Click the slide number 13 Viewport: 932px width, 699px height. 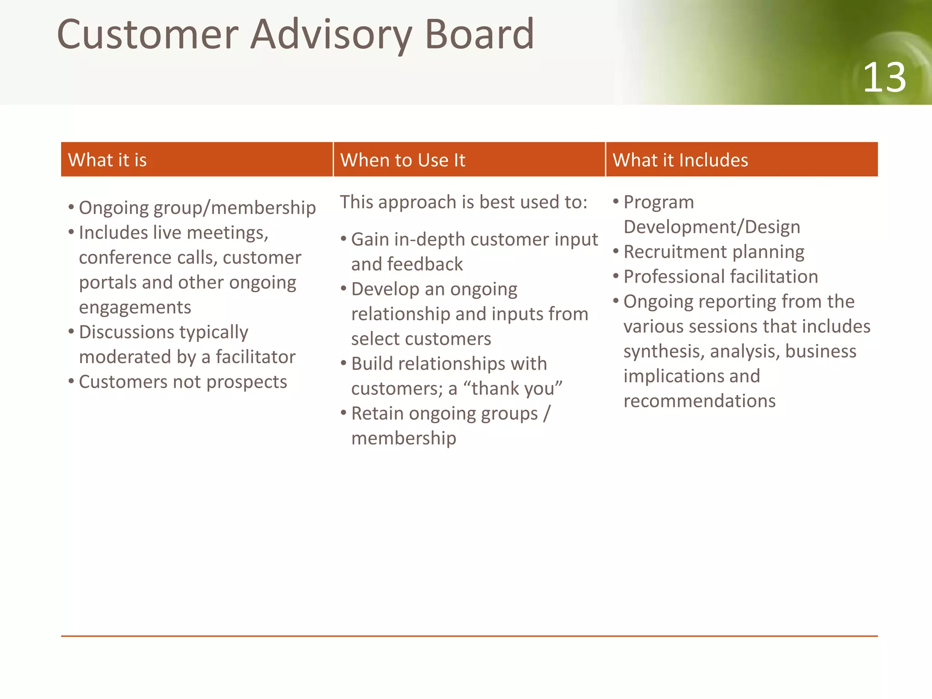pyautogui.click(x=884, y=78)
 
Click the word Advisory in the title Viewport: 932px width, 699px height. pyautogui.click(x=331, y=35)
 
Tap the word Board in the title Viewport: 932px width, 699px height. pyautogui.click(x=479, y=35)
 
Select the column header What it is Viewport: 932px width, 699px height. pyautogui.click(x=107, y=160)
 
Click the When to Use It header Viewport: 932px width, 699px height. pyautogui.click(x=403, y=160)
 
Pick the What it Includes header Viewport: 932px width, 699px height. pyautogui.click(x=680, y=160)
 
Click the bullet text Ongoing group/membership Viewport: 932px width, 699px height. pyautogui.click(x=197, y=208)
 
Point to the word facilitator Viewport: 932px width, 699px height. pyautogui.click(x=255, y=357)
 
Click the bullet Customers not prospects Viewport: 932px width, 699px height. pyautogui.click(x=182, y=382)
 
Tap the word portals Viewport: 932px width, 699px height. pyautogui.click(x=107, y=283)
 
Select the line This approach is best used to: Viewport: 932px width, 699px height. pyautogui.click(x=463, y=202)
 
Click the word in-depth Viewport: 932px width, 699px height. pyautogui.click(x=427, y=239)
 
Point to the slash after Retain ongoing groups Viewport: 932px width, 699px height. pyautogui.click(x=547, y=413)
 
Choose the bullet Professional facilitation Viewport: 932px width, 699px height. pyautogui.click(x=720, y=277)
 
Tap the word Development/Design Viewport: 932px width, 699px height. pyautogui.click(x=711, y=227)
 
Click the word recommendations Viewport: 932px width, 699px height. pyautogui.click(x=699, y=401)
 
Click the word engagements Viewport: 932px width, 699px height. pyautogui.click(x=135, y=308)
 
